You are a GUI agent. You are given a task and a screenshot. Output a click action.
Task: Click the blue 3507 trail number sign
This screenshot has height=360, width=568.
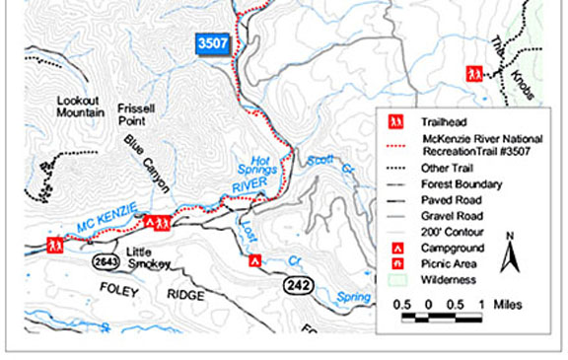pos(213,43)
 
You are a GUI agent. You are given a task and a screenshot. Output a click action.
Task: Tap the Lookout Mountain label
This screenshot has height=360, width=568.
pos(81,107)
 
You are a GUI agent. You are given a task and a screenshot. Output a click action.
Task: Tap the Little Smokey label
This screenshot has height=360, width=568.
pos(150,258)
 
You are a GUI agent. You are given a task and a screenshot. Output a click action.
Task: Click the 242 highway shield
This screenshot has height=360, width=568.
pos(299,285)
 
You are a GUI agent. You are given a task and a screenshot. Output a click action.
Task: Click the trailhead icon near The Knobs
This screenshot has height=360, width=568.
pos(474,73)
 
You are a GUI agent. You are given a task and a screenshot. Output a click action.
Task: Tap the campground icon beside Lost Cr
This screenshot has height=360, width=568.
pos(254,261)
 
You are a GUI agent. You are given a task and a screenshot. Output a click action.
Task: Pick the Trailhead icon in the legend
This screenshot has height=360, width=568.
pos(394,121)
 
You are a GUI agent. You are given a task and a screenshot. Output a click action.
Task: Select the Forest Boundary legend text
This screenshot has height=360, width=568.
pos(460,183)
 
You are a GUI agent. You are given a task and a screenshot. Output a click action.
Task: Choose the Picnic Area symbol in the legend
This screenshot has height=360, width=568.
pos(394,263)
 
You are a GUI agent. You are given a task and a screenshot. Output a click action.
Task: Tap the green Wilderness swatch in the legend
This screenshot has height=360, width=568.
pos(394,279)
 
